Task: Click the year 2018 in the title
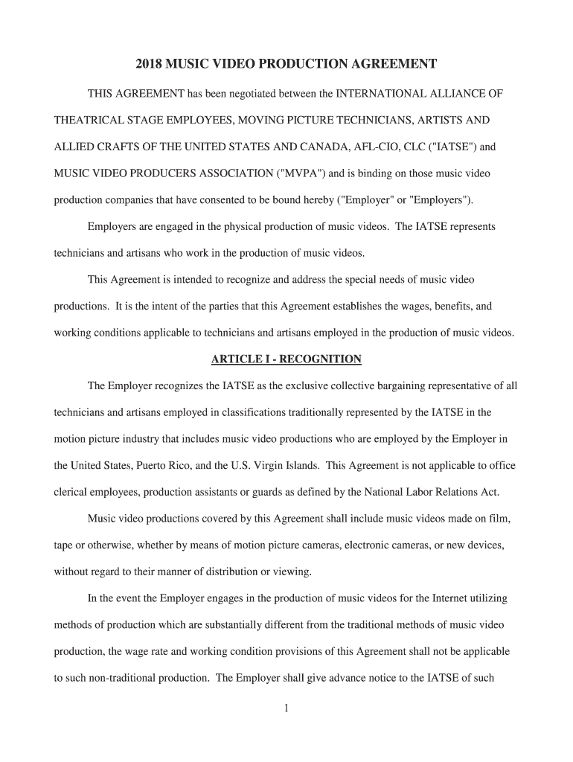(x=148, y=65)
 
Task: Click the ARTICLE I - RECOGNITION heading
(x=286, y=359)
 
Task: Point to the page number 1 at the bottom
(x=286, y=708)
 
